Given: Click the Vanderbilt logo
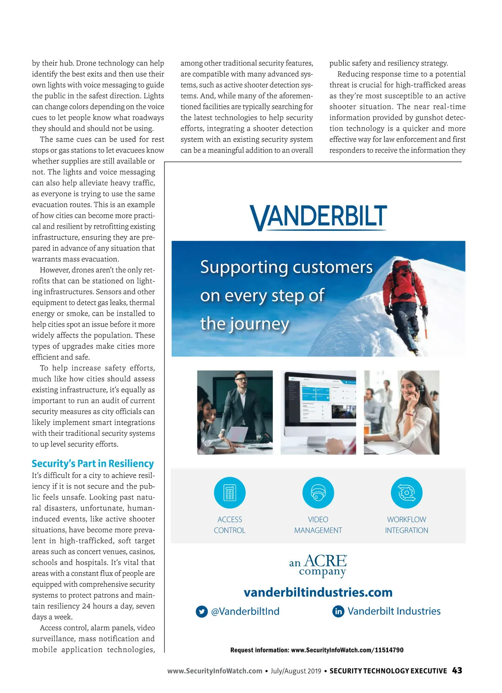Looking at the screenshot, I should (318, 217).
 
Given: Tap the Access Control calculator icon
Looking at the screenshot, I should (230, 492).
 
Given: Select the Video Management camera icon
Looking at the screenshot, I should (318, 492).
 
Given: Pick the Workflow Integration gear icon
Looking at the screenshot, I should (406, 492).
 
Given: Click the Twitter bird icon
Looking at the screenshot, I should (202, 611).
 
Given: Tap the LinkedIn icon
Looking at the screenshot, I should (338, 611).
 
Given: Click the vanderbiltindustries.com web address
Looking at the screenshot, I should (318, 592).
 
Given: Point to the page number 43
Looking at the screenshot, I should (457, 670).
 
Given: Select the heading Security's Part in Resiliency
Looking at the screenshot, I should (92, 463).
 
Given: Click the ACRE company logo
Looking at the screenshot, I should (318, 565).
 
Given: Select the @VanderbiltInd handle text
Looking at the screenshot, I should (245, 611).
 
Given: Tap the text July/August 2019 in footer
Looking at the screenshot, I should (296, 671).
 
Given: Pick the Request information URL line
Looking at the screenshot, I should (317, 650).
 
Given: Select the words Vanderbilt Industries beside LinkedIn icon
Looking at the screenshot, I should (394, 611).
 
